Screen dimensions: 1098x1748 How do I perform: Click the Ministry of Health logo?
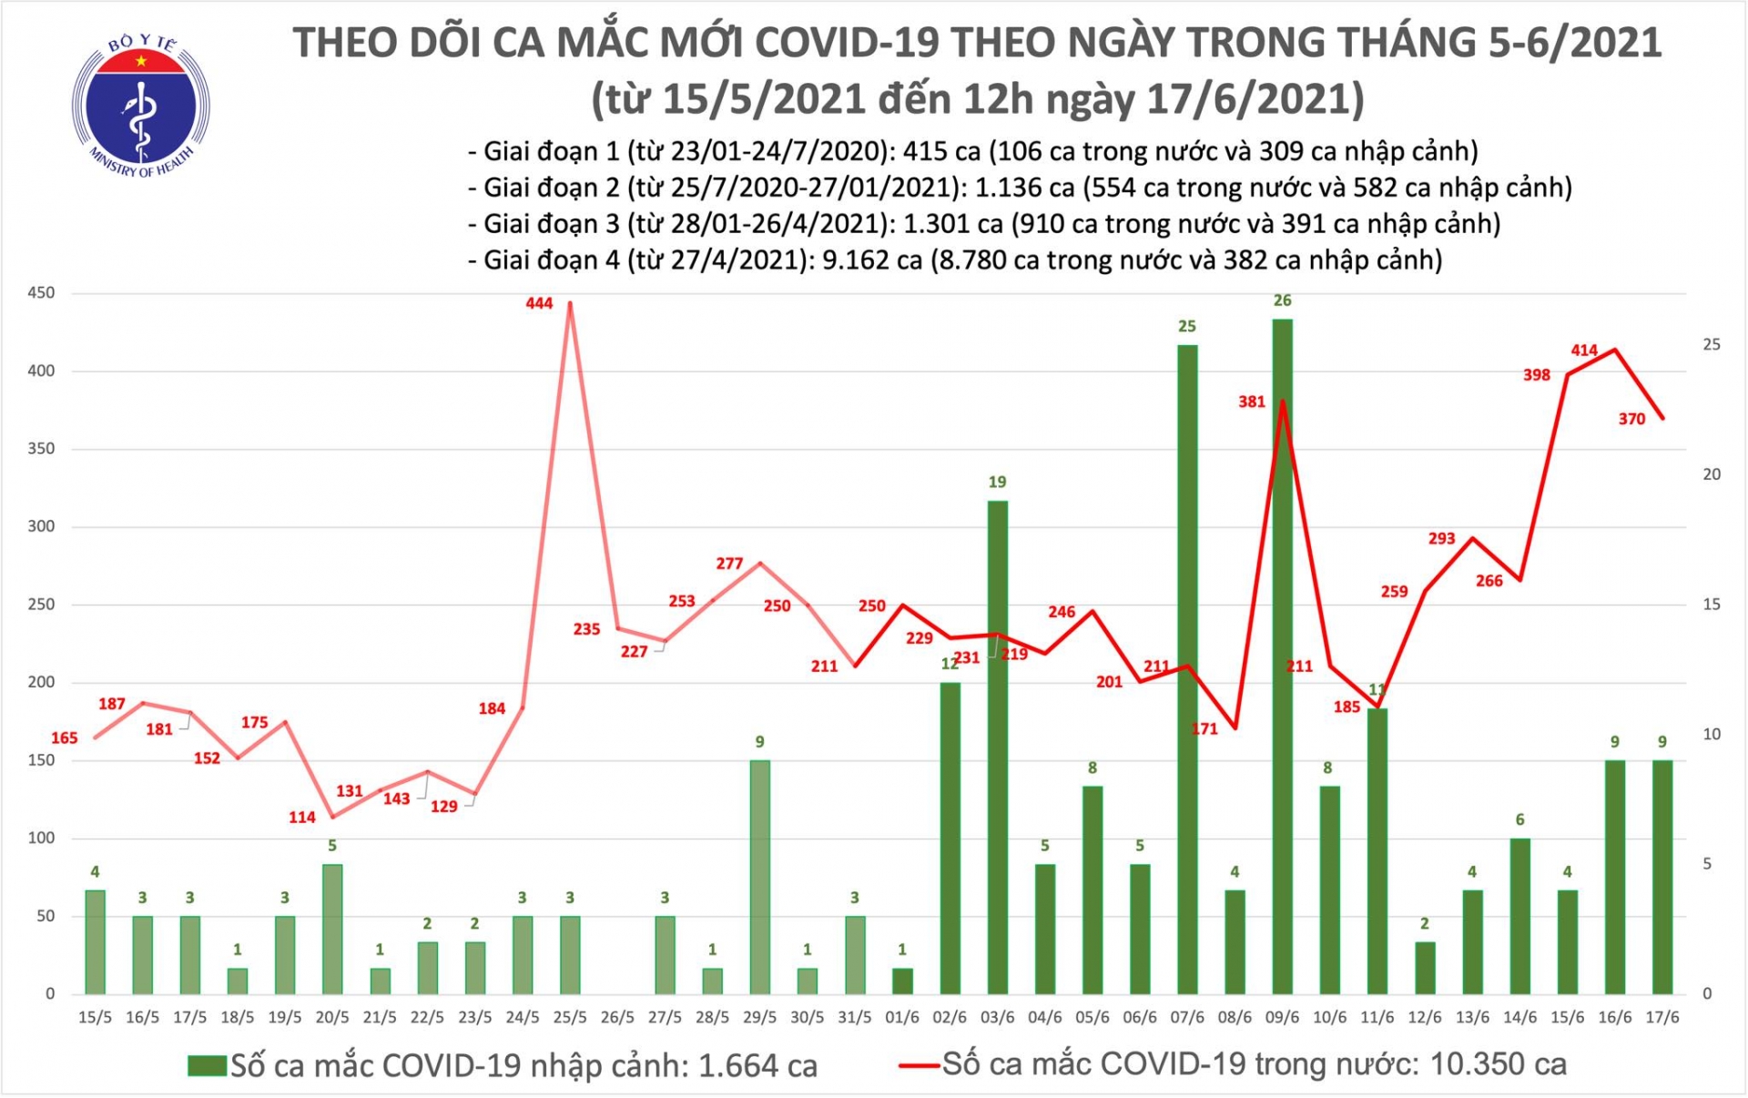[140, 106]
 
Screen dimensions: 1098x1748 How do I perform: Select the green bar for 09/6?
[1282, 656]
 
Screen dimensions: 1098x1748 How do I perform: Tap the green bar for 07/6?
[1186, 669]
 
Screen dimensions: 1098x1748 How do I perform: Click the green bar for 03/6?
[997, 747]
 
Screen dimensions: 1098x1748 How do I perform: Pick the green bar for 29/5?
[759, 876]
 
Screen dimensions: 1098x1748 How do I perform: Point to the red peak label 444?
[539, 303]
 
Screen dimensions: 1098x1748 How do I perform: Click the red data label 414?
[1583, 350]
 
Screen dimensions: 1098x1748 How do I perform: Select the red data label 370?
[1631, 420]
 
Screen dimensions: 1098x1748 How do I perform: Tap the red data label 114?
[302, 818]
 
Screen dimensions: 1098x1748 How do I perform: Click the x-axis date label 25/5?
[570, 1018]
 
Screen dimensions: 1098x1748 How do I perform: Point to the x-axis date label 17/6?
[1662, 1018]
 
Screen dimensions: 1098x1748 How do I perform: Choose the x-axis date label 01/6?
[902, 1018]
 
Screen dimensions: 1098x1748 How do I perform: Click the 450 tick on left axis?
[41, 293]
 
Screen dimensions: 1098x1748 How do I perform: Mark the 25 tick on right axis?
[1711, 344]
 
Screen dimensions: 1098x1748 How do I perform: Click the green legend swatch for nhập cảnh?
[207, 1065]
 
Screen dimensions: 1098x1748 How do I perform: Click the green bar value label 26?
[1282, 300]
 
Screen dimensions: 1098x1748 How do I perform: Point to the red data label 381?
[1251, 402]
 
